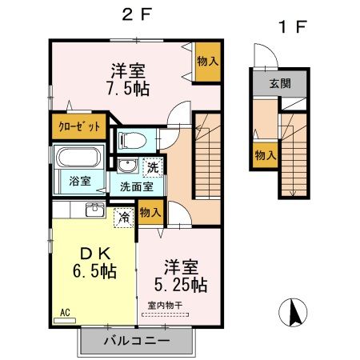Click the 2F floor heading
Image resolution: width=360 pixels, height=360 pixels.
click(x=133, y=14)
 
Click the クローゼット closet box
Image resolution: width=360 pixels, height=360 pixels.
click(x=78, y=126)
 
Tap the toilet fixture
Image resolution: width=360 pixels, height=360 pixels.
click(x=131, y=140)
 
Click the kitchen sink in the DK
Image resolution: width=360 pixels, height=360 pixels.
click(x=94, y=210)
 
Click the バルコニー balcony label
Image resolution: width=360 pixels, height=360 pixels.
click(x=137, y=342)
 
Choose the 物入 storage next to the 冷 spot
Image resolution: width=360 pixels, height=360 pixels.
click(x=150, y=212)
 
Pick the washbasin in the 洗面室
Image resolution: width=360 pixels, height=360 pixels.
click(x=126, y=167)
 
